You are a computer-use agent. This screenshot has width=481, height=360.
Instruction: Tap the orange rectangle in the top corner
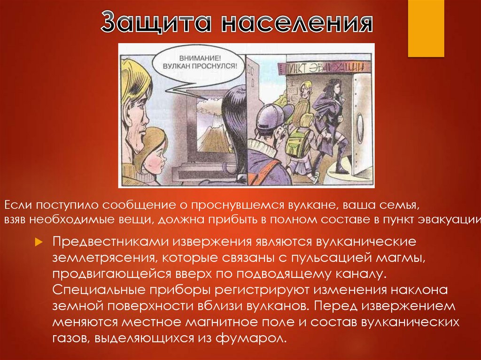(426, 28)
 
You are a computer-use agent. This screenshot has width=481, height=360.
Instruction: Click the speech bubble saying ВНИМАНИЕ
(200, 61)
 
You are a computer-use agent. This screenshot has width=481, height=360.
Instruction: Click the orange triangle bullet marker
(40, 242)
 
